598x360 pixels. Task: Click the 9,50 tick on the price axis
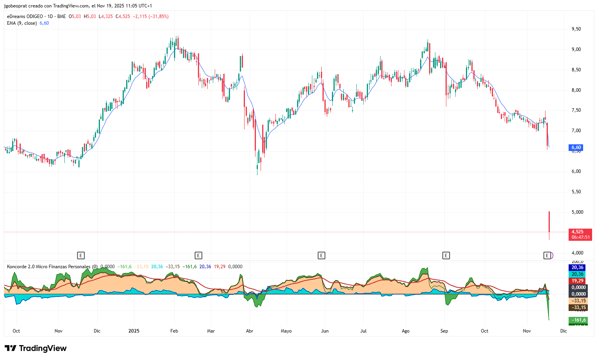pyautogui.click(x=576, y=29)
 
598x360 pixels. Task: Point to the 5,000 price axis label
pyautogui.click(x=577, y=212)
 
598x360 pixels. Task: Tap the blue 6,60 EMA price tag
pyautogui.click(x=576, y=148)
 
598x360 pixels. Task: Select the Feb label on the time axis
pyautogui.click(x=174, y=331)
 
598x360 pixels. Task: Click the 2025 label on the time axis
pyautogui.click(x=134, y=331)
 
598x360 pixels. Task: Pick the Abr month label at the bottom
pyautogui.click(x=250, y=331)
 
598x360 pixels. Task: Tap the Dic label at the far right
pyautogui.click(x=564, y=331)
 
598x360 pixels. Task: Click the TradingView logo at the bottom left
pyautogui.click(x=36, y=348)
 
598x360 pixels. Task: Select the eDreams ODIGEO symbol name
pyautogui.click(x=25, y=16)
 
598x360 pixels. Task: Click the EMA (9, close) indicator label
pyautogui.click(x=22, y=23)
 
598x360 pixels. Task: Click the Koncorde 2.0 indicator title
pyautogui.click(x=49, y=267)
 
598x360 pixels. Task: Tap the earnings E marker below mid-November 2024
pyautogui.click(x=81, y=256)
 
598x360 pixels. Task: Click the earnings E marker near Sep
pyautogui.click(x=446, y=256)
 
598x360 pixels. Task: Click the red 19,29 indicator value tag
pyautogui.click(x=578, y=281)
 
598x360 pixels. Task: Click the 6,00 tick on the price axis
pyautogui.click(x=576, y=171)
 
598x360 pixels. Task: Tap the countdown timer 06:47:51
pyautogui.click(x=580, y=237)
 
